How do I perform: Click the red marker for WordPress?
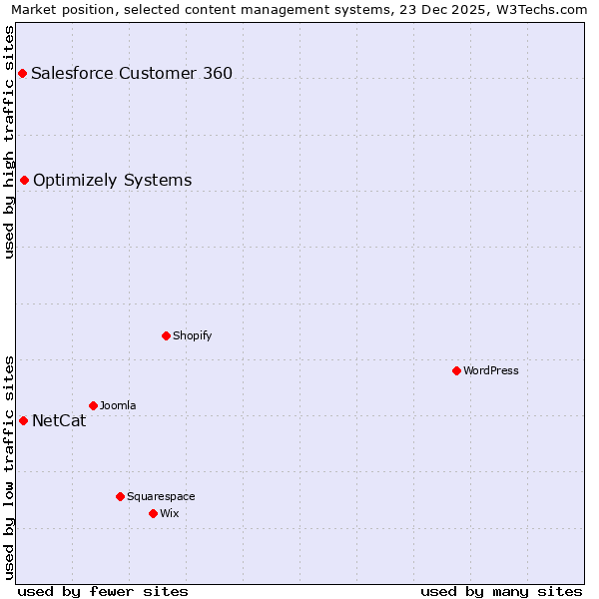[x=456, y=370]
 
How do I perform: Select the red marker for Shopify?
[x=166, y=335]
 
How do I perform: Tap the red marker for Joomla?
[x=93, y=405]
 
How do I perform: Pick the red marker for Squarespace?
[x=120, y=496]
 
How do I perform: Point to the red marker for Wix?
[x=153, y=513]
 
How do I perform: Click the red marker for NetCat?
[x=23, y=420]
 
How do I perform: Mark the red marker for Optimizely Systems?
[x=24, y=180]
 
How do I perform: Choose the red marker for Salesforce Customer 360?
[x=22, y=73]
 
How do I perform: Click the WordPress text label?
[x=491, y=370]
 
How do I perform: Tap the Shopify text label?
[x=193, y=335]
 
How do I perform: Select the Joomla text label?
[x=118, y=405]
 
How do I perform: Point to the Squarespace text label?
[x=161, y=496]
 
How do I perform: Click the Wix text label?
[x=170, y=513]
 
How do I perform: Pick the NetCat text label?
[x=59, y=420]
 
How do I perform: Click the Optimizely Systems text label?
[x=113, y=180]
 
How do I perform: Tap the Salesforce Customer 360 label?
[x=132, y=73]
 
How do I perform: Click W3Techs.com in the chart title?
[x=539, y=10]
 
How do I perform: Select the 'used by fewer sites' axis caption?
[x=103, y=591]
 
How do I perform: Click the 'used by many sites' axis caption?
[x=501, y=591]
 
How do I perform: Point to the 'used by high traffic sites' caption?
[x=10, y=142]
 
